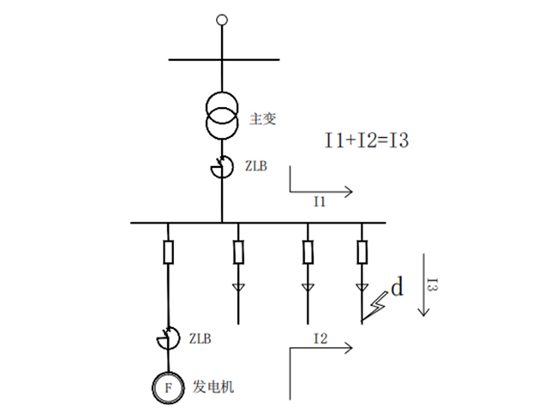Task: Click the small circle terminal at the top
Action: coord(222,19)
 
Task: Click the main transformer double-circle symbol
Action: coord(222,116)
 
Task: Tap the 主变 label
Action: coord(262,118)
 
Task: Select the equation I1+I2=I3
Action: coord(365,140)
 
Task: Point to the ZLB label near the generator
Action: coord(199,339)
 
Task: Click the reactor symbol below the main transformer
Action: coord(221,167)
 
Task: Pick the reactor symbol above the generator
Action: coord(168,339)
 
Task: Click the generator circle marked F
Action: coord(168,387)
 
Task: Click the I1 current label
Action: coord(320,202)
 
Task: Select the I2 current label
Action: coord(320,339)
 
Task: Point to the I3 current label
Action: coord(434,286)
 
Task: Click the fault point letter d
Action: coord(397,288)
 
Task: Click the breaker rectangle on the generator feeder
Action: coord(168,253)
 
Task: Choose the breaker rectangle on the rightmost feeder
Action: coord(362,253)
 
